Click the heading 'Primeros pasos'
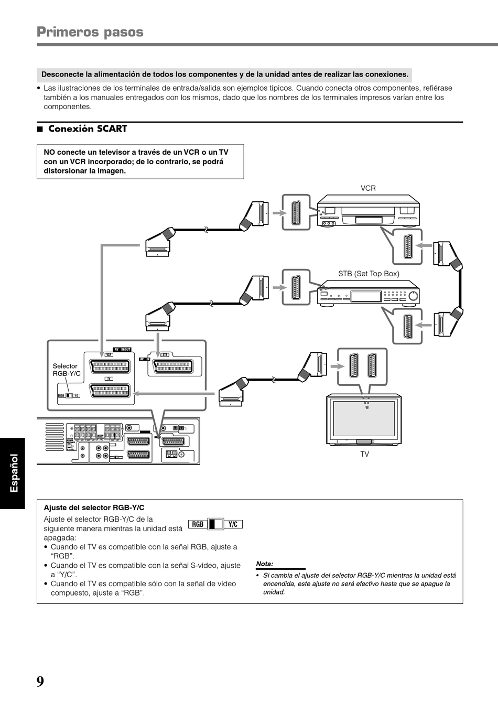coord(90,32)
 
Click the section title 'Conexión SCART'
coord(87,129)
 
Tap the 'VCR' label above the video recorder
coord(368,188)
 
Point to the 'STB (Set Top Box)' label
coord(369,274)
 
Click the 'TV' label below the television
coord(364,454)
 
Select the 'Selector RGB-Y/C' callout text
coord(66,370)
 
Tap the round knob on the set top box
coord(414,296)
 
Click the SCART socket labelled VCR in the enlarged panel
coord(110,366)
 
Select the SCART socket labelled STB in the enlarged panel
coord(171,366)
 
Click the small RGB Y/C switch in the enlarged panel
coord(69,396)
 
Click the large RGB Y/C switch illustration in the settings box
coord(215,524)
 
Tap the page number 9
coord(40,682)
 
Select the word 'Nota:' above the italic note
coord(265,564)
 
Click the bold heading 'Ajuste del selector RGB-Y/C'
coord(94,507)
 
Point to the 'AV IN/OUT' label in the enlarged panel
coord(122,349)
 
